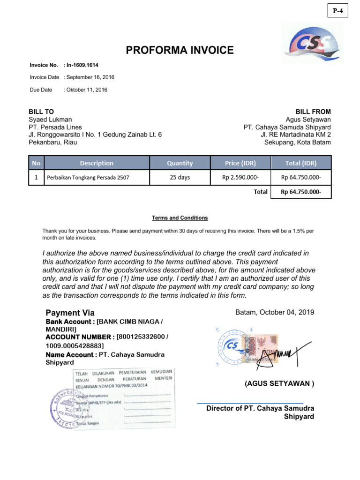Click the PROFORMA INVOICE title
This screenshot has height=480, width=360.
pyautogui.click(x=180, y=50)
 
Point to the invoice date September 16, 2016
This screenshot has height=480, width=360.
pyautogui.click(x=90, y=77)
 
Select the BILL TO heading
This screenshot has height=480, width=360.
pyautogui.click(x=41, y=112)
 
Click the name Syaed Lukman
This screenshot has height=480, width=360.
pyautogui.click(x=50, y=120)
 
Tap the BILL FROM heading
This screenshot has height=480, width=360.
pyautogui.click(x=313, y=112)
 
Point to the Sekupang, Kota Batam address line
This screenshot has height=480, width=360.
pyautogui.click(x=297, y=142)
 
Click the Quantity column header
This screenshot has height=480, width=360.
pyautogui.click(x=180, y=163)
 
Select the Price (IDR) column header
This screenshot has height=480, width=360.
pyautogui.click(x=240, y=163)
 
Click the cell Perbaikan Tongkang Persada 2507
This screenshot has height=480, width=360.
pyautogui.click(x=87, y=178)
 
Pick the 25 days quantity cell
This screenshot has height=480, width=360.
pyautogui.click(x=180, y=177)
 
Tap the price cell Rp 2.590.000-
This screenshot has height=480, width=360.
pyautogui.click(x=240, y=178)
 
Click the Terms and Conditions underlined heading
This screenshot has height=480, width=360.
pyautogui.click(x=180, y=218)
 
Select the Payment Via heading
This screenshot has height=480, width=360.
pyautogui.click(x=70, y=313)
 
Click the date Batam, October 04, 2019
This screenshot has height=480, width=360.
pyautogui.click(x=275, y=312)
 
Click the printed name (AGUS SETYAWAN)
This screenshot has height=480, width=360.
pyautogui.click(x=279, y=383)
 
